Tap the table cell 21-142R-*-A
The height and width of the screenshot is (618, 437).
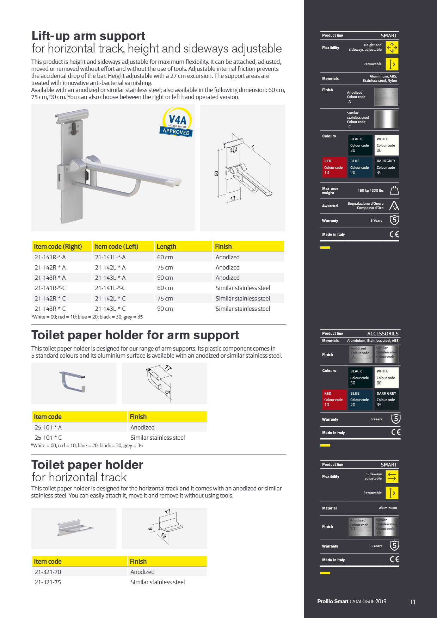[50, 267]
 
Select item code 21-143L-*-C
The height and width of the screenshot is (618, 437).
[110, 309]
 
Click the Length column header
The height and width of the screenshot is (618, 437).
[166, 247]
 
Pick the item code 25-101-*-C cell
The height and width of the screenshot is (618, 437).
[48, 438]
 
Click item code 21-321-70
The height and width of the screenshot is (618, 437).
[48, 572]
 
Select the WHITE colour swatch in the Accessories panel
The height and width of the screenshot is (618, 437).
[386, 377]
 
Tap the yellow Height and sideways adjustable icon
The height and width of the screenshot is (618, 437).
[392, 48]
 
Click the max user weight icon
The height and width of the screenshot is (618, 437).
[394, 190]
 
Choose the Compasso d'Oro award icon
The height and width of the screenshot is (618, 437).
[394, 205]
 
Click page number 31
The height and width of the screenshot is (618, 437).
[412, 602]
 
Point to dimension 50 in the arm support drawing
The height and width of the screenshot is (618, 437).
[216, 173]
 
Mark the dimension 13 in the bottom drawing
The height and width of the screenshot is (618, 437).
[164, 536]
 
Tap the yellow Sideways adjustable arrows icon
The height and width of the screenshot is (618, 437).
[392, 476]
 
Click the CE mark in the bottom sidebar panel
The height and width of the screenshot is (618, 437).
[394, 559]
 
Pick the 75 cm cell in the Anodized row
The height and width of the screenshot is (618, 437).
[165, 267]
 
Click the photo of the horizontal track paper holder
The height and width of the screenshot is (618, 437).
[74, 528]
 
